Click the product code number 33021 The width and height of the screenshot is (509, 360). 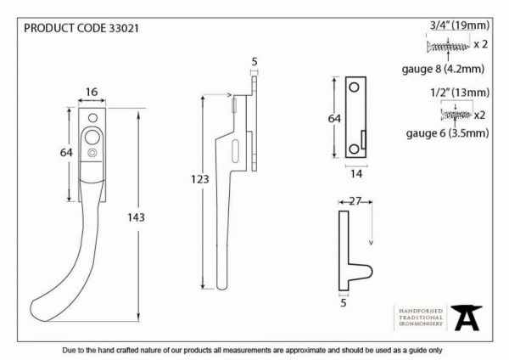click(x=124, y=28)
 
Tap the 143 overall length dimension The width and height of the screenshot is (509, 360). click(x=136, y=217)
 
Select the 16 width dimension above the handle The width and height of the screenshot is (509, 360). click(x=92, y=92)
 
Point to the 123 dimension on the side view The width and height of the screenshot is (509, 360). click(x=199, y=179)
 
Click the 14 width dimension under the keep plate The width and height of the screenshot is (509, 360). click(x=356, y=174)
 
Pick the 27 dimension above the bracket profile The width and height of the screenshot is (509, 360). click(x=355, y=201)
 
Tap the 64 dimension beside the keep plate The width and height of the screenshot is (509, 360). click(x=334, y=119)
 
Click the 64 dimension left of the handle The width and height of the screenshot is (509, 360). click(x=66, y=152)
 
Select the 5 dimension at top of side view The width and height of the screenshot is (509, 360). click(x=255, y=61)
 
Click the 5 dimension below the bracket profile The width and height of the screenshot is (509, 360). click(x=344, y=303)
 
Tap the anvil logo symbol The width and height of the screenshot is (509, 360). click(x=466, y=318)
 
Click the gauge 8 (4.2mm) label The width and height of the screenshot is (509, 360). click(x=443, y=69)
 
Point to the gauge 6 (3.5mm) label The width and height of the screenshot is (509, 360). click(x=447, y=133)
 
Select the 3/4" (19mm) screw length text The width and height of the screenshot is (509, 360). click(x=460, y=25)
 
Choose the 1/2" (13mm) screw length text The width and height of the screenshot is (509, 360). click(x=460, y=93)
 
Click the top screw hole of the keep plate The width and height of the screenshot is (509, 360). click(x=354, y=87)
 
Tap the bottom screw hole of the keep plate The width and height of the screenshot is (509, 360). click(x=354, y=149)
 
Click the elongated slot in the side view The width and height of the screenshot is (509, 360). click(x=235, y=151)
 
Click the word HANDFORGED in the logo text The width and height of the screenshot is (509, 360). click(x=421, y=311)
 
